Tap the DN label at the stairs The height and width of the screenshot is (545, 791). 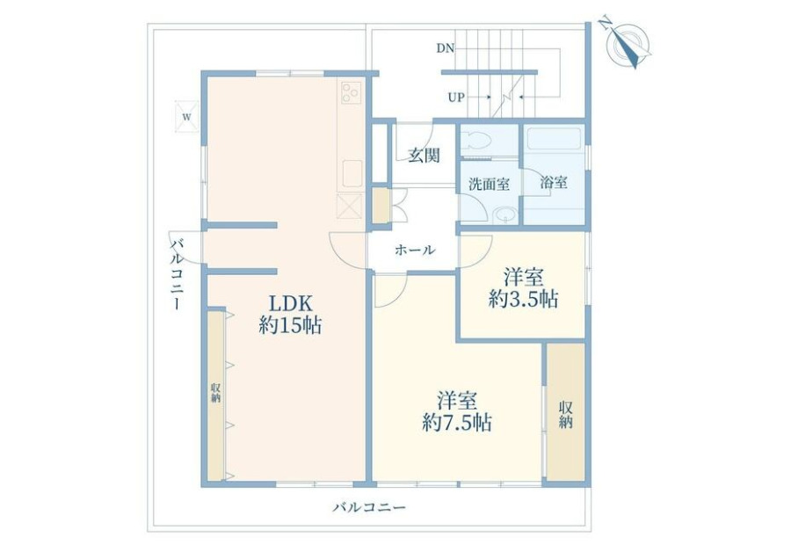[x=446, y=48]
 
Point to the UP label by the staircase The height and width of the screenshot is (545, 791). [x=456, y=98]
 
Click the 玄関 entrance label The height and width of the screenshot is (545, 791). [x=424, y=156]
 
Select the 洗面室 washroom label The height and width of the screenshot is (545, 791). [x=489, y=185]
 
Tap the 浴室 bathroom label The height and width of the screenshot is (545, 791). [x=554, y=182]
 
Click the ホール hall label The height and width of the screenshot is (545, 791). [x=415, y=250]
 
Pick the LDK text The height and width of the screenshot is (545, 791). [x=291, y=304]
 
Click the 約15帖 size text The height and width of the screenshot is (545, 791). [x=291, y=325]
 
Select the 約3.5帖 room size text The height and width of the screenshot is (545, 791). [x=523, y=299]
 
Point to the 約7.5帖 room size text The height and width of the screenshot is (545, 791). [x=457, y=422]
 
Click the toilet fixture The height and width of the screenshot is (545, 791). [x=476, y=140]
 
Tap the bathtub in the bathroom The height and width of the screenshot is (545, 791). [x=554, y=139]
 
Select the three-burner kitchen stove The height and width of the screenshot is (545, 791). [x=352, y=92]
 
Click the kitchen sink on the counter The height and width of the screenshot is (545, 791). [x=352, y=174]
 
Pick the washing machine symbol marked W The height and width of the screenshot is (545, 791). [x=186, y=117]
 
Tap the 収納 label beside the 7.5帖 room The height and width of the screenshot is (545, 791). [x=566, y=415]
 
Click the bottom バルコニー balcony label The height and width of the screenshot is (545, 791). [x=369, y=506]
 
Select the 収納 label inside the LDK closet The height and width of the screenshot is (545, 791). [x=216, y=393]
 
